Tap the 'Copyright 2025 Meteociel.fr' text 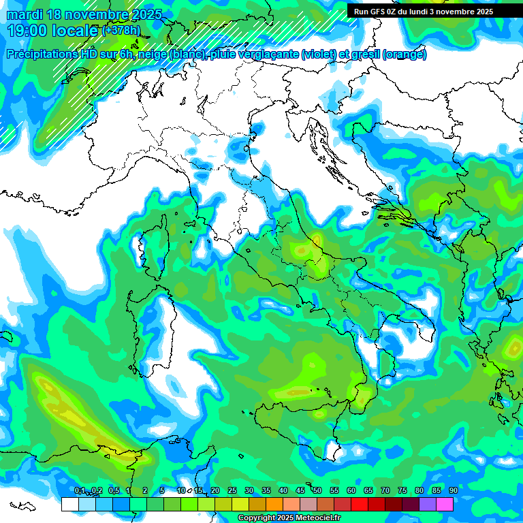289,518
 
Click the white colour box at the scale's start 69,505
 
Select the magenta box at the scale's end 445,505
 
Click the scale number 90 454,491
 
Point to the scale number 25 232,491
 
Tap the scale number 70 385,491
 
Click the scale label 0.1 80,491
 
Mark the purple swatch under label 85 428,505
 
